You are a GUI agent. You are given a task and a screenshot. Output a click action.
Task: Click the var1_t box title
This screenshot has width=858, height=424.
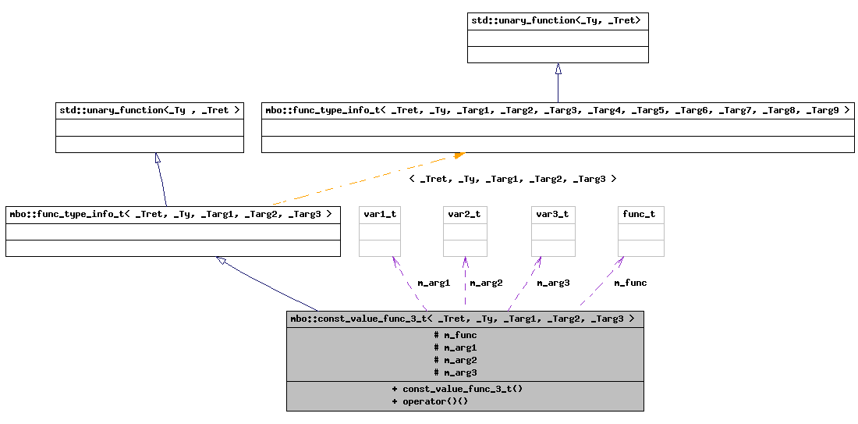(380, 214)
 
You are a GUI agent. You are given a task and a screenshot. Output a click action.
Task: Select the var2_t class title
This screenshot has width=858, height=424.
(464, 214)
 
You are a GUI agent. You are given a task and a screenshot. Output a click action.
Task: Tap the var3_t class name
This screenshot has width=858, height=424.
(552, 214)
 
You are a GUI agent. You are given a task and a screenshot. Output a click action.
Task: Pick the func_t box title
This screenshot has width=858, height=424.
(640, 214)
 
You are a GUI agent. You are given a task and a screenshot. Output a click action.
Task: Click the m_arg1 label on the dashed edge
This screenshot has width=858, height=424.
(434, 283)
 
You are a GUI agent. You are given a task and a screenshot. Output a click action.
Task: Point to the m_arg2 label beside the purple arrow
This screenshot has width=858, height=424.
(486, 283)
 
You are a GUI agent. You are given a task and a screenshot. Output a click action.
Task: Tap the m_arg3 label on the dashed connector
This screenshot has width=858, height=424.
(553, 283)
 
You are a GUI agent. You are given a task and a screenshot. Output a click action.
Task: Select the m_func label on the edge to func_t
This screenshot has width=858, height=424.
(630, 283)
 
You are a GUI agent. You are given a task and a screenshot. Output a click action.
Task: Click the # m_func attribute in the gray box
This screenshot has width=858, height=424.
(456, 335)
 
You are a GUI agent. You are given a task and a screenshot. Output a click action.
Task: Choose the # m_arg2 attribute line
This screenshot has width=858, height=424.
(456, 360)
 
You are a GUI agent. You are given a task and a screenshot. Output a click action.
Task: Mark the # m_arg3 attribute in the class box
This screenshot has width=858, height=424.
(456, 372)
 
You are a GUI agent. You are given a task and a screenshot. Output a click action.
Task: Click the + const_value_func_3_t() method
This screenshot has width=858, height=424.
(457, 388)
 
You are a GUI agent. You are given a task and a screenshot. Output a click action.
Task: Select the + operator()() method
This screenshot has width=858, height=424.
(430, 401)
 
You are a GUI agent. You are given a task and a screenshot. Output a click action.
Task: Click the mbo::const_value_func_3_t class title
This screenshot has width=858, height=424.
(465, 319)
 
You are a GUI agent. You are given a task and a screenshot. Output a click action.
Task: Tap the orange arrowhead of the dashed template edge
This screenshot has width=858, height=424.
(459, 155)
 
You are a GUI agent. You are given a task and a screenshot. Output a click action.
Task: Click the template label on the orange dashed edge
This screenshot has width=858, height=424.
(512, 179)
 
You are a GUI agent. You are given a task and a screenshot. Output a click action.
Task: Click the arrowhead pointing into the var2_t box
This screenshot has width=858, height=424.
(465, 261)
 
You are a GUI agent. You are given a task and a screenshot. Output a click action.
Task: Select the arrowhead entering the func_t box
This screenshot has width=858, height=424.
(621, 261)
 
